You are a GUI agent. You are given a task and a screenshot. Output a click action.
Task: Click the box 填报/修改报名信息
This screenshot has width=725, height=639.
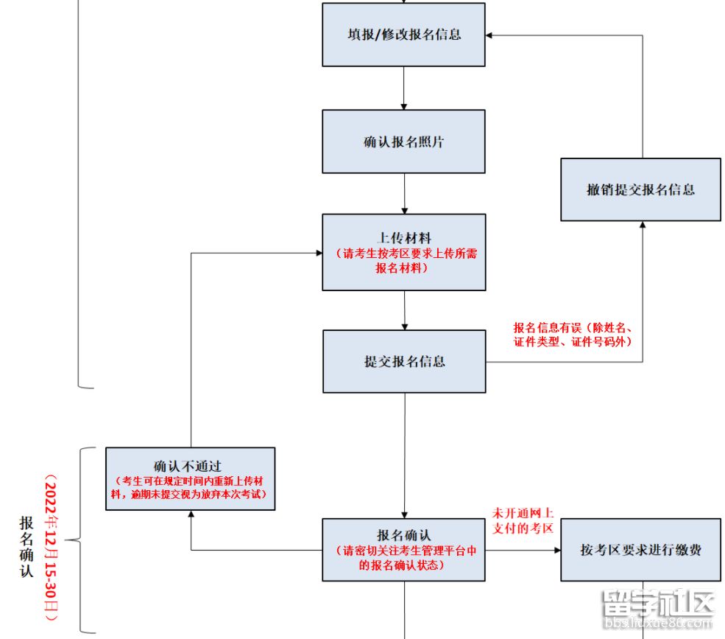(403, 35)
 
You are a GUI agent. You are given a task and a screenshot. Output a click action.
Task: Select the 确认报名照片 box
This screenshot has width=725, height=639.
(403, 142)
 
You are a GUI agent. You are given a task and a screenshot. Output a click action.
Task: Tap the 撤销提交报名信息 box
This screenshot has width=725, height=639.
(640, 189)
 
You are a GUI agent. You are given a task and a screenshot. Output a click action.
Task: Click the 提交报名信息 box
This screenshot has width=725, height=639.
(403, 361)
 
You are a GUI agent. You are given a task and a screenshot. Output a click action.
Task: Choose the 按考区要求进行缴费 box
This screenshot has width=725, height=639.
(640, 550)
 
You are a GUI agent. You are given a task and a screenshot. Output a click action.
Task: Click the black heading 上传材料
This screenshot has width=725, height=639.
(403, 238)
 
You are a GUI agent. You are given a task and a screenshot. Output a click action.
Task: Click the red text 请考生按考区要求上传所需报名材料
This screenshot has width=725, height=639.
(403, 261)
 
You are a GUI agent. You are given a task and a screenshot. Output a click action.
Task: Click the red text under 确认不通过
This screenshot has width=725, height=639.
(189, 487)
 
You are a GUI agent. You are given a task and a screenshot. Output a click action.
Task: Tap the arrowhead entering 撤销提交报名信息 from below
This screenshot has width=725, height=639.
(643, 226)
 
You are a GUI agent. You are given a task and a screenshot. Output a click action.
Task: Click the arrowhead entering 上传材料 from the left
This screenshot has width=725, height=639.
(318, 253)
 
